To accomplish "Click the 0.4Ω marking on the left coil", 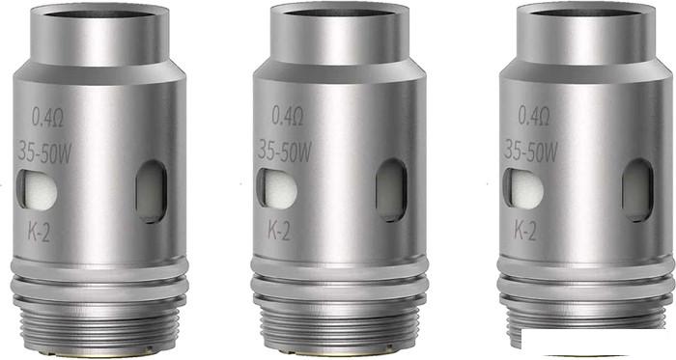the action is pyautogui.click(x=48, y=117).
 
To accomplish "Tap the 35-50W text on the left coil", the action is pyautogui.click(x=44, y=152).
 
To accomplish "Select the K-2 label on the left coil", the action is pyautogui.click(x=39, y=232).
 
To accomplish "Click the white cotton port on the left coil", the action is pyautogui.click(x=37, y=190).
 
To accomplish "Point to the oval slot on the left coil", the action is pyautogui.click(x=152, y=192).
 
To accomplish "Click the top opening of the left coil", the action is pyautogui.click(x=99, y=13).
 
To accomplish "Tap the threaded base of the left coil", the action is pyautogui.click(x=99, y=324).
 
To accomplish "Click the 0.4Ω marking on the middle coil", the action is pyautogui.click(x=288, y=116).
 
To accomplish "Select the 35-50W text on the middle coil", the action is pyautogui.click(x=284, y=152).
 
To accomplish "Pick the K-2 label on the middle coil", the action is pyautogui.click(x=279, y=231).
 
